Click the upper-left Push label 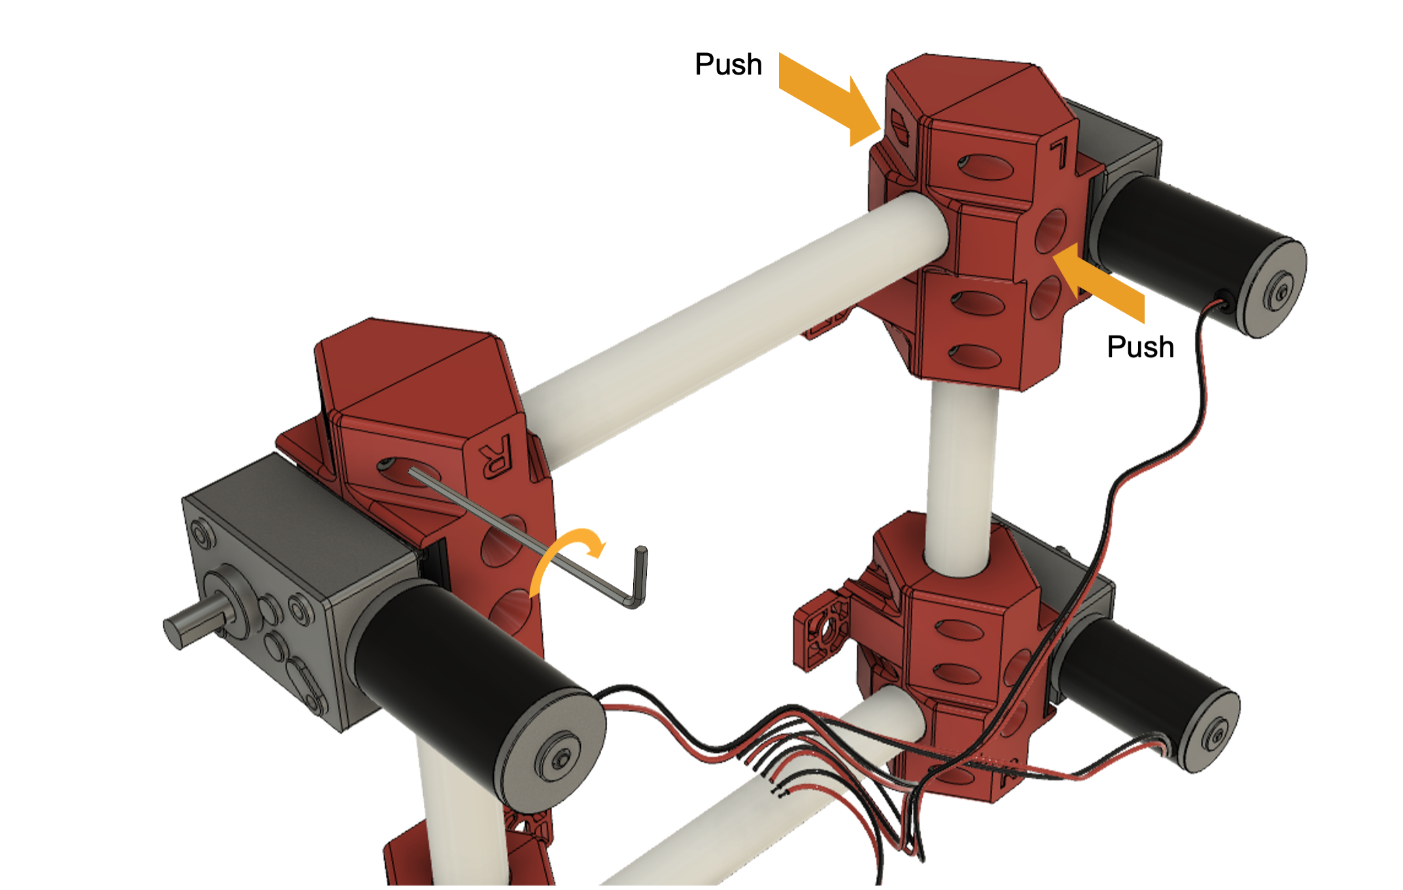(x=728, y=65)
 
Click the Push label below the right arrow (x=1140, y=347)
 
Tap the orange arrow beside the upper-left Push (x=829, y=99)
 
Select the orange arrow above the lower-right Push (x=1099, y=282)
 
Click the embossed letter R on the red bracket (x=494, y=456)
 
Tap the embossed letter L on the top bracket (x=1058, y=154)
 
